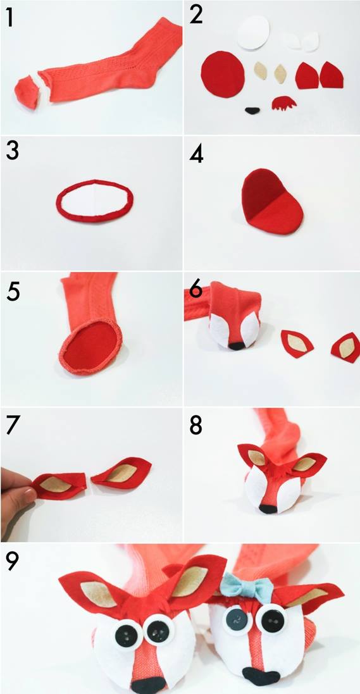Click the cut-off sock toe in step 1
pos(27,92)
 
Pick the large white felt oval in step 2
pos(254,33)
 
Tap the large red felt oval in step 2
pos(222,73)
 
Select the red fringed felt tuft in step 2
pos(284,104)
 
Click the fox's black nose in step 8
pos(268,509)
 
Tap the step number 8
pos(196,426)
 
